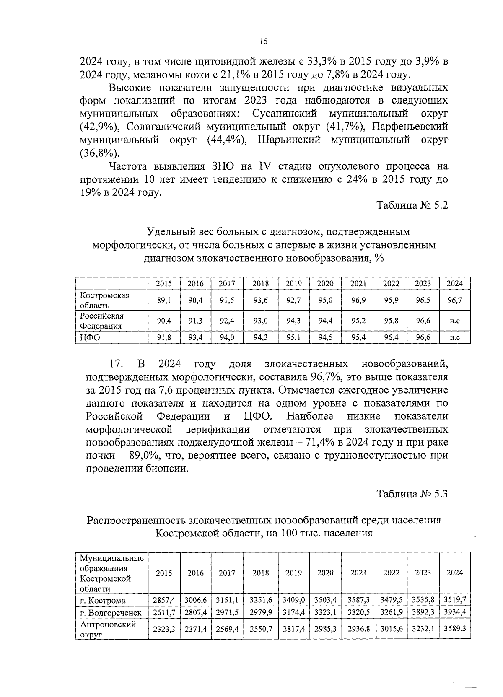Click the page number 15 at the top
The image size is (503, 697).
[x=263, y=41]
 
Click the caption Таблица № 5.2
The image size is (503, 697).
[x=412, y=205]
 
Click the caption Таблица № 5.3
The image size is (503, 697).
[x=412, y=494]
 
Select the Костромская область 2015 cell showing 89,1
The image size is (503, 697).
[x=164, y=300]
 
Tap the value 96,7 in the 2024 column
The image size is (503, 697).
[x=454, y=300]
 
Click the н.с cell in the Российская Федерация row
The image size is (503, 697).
[x=454, y=321]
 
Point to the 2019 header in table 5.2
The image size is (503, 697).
[x=293, y=284]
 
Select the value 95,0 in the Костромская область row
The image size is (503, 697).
[x=325, y=300]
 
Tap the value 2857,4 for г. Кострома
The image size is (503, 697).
[x=164, y=600]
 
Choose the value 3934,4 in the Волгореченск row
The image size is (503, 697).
[x=454, y=612]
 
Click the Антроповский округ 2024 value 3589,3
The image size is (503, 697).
[x=454, y=629]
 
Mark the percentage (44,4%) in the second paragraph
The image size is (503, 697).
[x=226, y=140]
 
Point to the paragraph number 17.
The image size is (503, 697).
[x=115, y=363]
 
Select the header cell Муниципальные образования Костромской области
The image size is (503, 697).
[x=111, y=573]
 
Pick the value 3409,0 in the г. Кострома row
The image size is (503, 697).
[x=293, y=600]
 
